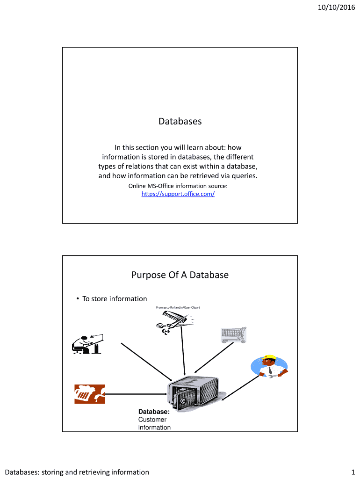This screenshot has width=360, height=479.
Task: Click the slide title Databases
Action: coord(180,121)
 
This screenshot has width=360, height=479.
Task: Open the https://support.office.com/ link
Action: coord(178,194)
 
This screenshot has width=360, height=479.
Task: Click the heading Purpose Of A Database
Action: coord(180,275)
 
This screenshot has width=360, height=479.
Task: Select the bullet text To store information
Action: coord(115,299)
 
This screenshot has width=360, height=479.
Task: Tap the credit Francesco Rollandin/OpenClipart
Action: coord(178,307)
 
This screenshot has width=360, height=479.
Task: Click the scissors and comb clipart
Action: coord(175,323)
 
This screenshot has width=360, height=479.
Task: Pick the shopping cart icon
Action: coord(233,335)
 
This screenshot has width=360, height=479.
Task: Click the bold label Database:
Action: coord(154,412)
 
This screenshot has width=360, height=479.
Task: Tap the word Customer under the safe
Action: coord(152,420)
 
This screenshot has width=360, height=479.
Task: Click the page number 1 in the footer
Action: coord(353,472)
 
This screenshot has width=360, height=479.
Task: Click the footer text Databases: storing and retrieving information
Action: coord(77,472)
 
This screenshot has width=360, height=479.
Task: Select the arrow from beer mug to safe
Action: coord(136,394)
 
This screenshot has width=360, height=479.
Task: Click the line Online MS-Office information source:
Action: coord(178,186)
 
